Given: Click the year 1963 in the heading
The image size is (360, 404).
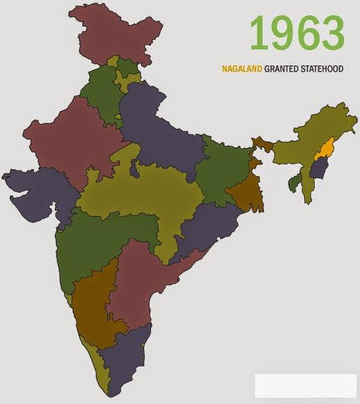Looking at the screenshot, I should pos(297,33).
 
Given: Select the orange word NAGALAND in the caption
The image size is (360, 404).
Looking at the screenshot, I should pos(242,70).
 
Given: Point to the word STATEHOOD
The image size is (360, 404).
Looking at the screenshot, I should pos(324,70).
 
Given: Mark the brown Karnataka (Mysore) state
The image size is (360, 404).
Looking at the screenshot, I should pos(94,306).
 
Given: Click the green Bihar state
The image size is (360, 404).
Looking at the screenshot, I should pos(223,167).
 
